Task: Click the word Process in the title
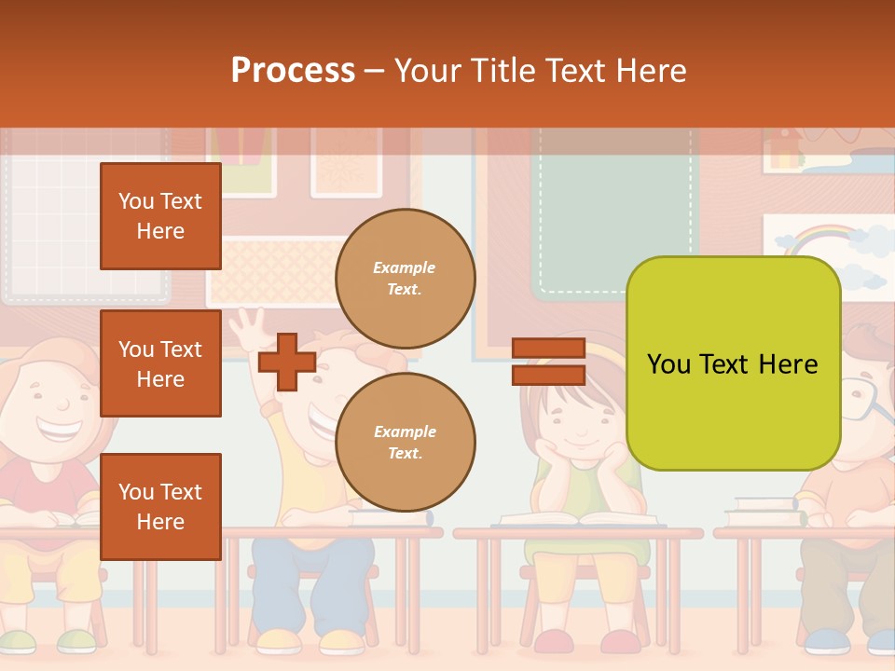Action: [293, 70]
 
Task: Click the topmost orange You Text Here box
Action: [160, 216]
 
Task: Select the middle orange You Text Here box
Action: [160, 363]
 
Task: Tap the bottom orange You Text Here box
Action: [160, 506]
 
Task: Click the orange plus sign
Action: [287, 362]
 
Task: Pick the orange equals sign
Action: [548, 362]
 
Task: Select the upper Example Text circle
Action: [405, 279]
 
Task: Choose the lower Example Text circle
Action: [405, 442]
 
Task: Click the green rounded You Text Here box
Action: [733, 363]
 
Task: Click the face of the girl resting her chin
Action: [580, 419]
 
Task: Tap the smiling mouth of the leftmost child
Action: [58, 431]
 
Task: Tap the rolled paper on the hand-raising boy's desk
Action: [392, 517]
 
